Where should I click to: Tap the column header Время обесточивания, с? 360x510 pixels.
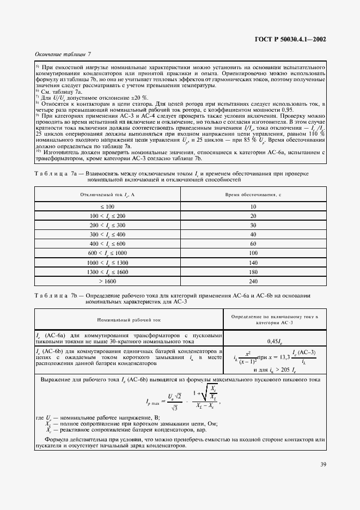click(x=253, y=195)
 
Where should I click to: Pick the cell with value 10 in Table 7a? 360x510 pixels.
click(x=253, y=207)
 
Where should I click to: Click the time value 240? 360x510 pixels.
click(x=253, y=281)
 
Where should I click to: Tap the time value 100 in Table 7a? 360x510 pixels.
click(x=253, y=253)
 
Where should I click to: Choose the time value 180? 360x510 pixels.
click(x=253, y=272)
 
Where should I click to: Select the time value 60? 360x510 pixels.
click(x=253, y=244)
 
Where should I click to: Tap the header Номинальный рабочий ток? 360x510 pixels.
click(x=129, y=320)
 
